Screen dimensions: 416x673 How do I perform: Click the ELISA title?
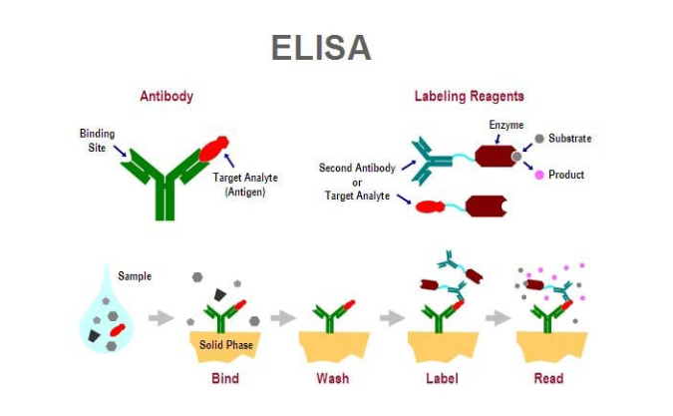[321, 49]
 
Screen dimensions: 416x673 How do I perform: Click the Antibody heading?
[166, 97]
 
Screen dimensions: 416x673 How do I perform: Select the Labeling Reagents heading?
[469, 97]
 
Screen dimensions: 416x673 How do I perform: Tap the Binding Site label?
[97, 140]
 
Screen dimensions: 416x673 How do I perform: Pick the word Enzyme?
[505, 125]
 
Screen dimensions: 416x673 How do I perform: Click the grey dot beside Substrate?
[539, 138]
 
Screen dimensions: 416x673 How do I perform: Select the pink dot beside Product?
[539, 175]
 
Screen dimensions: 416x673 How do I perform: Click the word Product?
[566, 175]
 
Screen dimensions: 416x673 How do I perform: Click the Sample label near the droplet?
[135, 275]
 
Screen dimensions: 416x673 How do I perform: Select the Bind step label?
[224, 379]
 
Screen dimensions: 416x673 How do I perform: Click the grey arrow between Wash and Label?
[391, 318]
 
